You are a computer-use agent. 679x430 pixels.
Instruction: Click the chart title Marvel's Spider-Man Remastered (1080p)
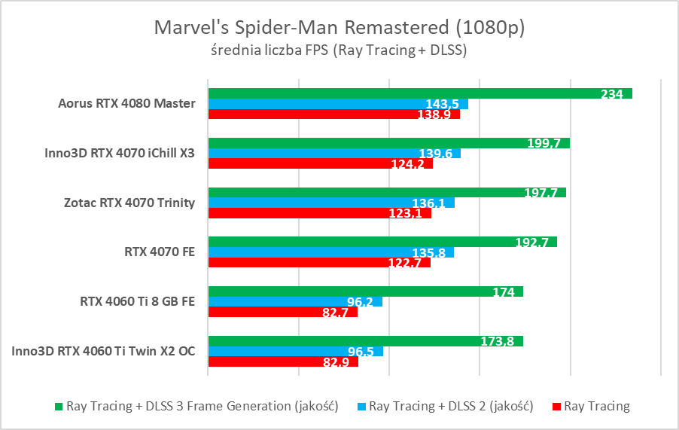(x=339, y=28)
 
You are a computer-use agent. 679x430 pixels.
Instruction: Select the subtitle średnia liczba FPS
(x=339, y=51)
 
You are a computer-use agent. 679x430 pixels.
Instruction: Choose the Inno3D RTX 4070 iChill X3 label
(x=120, y=154)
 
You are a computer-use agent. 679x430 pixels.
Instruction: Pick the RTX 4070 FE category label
(x=160, y=252)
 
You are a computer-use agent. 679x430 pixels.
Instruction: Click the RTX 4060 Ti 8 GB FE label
(x=138, y=302)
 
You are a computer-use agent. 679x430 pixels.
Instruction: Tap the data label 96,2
(x=361, y=302)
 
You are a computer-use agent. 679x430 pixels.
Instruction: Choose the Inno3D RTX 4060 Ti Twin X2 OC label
(x=104, y=352)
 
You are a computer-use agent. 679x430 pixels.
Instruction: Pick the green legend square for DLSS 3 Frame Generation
(x=59, y=407)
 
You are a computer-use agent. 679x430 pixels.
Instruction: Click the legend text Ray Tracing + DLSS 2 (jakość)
(x=451, y=407)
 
